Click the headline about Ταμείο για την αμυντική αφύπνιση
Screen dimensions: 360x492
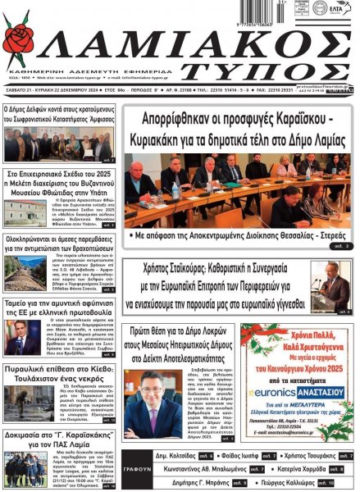pos(58,307)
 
